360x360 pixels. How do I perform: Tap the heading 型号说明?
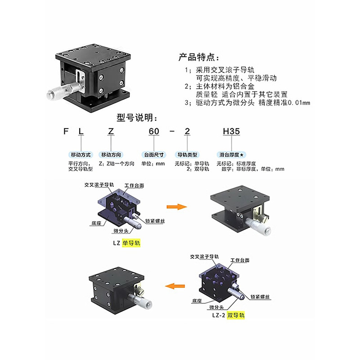pos(137,118)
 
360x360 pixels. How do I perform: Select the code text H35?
pos(231,131)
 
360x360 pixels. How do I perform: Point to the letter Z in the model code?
pos(111,131)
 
